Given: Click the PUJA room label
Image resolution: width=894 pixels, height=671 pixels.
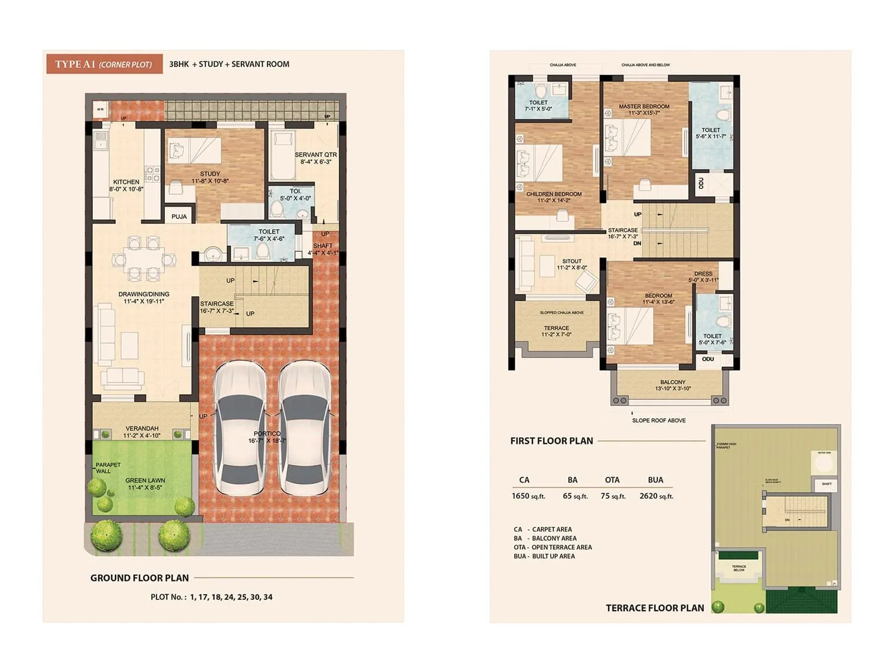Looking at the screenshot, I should coord(179,216).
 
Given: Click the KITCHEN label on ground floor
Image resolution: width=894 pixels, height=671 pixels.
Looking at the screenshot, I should coord(126,182).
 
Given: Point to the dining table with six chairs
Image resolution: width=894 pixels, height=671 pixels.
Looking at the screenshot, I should coord(144,259).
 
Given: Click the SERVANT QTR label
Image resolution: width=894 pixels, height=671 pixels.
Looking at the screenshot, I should coord(316,155).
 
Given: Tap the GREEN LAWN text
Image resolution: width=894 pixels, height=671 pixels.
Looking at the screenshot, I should coord(145,480).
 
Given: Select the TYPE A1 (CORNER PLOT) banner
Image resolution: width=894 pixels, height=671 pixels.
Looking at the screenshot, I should coord(103,64).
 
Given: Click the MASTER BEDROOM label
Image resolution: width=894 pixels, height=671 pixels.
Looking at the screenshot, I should coord(644,106).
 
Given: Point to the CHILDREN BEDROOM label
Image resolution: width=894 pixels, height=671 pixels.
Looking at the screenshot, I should coord(554,194).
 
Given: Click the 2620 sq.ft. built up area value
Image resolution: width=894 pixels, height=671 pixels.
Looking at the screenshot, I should coord(656,496).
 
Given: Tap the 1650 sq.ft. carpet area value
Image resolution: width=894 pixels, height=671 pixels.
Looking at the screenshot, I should coord(528,496).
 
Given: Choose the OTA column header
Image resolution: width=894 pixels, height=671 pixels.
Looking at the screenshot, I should coord(612,480).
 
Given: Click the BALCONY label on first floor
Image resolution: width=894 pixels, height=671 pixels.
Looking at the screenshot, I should coord(672,382).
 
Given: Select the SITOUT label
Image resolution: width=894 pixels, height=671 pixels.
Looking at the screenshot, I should coord(572,261).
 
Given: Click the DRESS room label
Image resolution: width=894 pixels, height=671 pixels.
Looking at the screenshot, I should coord(703,274).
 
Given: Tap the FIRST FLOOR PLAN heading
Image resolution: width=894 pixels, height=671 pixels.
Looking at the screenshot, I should coord(551,441).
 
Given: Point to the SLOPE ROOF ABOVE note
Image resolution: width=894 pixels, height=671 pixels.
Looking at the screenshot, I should coord(659,420).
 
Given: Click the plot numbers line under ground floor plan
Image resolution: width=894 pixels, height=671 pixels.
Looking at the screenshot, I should coord(211,597).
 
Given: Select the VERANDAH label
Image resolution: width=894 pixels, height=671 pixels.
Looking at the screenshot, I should coord(142,428).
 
